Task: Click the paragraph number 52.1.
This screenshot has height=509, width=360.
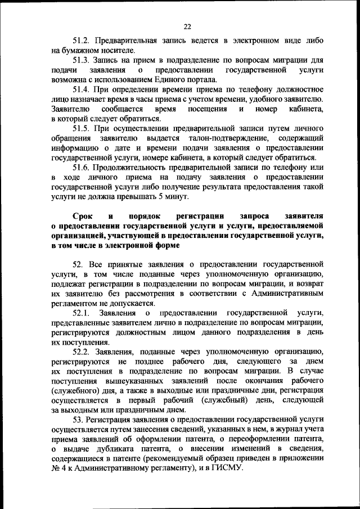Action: pos(82,313)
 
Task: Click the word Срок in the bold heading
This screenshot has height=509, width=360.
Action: pos(83,216)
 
